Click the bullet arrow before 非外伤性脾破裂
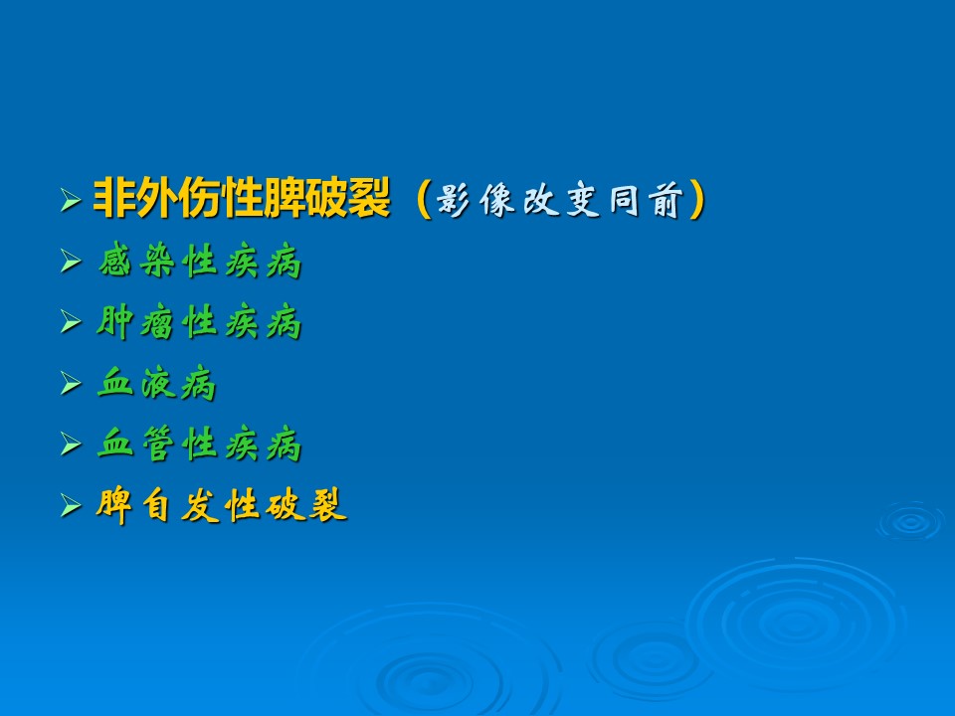pos(71,200)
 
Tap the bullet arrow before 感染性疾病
pos(71,262)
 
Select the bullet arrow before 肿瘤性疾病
pos(71,322)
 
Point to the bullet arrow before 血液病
pos(71,384)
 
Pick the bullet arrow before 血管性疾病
pos(71,444)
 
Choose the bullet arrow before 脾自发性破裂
pos(71,505)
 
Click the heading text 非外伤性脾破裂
pos(241,198)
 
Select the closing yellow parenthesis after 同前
pos(697,200)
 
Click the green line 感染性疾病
pos(200,261)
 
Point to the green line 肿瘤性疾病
pos(199,322)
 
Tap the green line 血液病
pos(157,383)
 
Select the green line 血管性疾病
pos(200,444)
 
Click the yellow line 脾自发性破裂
pos(222,505)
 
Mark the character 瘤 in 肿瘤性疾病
pos(157,322)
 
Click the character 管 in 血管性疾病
pos(157,444)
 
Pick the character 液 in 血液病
pos(157,384)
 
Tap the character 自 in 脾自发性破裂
pos(156,505)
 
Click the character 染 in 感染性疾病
pos(157,262)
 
